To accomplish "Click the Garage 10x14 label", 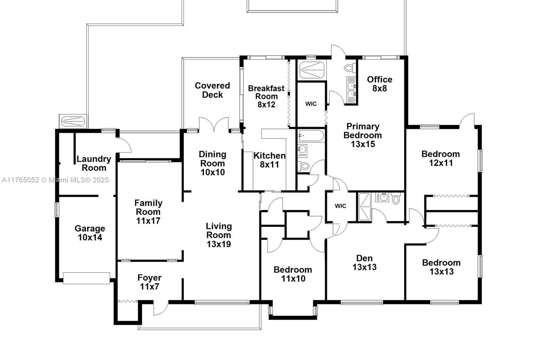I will [x=90, y=233].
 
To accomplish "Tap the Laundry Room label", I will [x=94, y=163].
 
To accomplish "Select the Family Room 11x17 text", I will [x=148, y=212].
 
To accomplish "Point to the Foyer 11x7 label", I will [x=149, y=282].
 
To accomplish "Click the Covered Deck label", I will [x=212, y=90].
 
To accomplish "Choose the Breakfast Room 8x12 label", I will [x=266, y=96].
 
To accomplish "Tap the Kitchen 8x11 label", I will [x=269, y=160].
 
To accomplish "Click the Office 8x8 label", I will [x=379, y=84].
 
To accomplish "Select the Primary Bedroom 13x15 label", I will [x=362, y=135].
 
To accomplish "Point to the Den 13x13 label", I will [x=364, y=263].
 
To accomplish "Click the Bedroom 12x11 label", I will [x=440, y=158].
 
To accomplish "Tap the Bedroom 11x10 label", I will [x=293, y=274].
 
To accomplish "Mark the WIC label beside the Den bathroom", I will [x=340, y=206].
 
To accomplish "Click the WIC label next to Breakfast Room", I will [x=311, y=104].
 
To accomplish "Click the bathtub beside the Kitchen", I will [x=311, y=136].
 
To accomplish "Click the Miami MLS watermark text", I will [x=55, y=180].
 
